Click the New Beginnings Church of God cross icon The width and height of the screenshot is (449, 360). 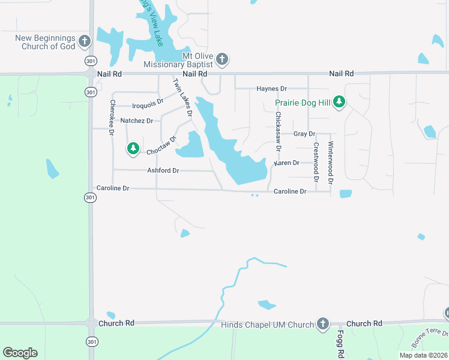84,42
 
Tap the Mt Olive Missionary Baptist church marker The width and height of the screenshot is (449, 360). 222,59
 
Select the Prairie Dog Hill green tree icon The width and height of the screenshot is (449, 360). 339,102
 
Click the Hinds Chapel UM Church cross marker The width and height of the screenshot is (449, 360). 323,325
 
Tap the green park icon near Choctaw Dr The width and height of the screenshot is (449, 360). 133,148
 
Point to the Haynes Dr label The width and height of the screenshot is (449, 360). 272,89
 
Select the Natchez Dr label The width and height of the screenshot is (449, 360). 137,121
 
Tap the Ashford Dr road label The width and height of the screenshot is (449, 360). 163,170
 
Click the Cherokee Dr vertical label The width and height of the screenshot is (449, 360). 112,117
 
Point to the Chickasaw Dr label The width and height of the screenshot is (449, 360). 278,131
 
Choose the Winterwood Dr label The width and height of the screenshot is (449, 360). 330,162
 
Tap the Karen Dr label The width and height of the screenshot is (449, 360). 286,163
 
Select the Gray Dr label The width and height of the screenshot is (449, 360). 304,134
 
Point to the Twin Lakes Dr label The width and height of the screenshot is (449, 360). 182,97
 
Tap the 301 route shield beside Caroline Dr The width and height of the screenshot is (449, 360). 89,197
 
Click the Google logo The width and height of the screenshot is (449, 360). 20,353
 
